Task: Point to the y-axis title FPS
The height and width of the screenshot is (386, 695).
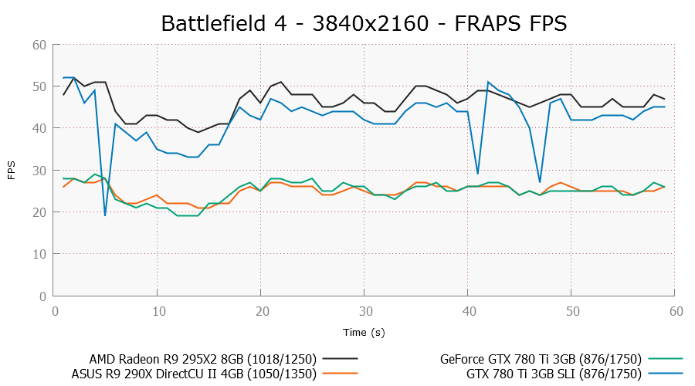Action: [12, 171]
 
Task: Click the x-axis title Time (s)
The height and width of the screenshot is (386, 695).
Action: [364, 331]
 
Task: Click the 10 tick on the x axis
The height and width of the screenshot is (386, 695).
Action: [158, 310]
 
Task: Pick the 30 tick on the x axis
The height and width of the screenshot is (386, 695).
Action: [364, 310]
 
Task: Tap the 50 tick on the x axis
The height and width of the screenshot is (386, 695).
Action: [571, 310]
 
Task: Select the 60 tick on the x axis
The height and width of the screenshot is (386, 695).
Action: [675, 310]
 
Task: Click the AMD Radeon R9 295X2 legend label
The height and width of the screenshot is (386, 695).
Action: [203, 359]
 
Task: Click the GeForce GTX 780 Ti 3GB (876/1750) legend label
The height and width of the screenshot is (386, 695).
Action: [541, 359]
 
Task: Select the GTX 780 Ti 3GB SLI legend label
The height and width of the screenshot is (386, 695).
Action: [554, 374]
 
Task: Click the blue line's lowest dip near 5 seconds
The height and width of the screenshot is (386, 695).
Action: [105, 215]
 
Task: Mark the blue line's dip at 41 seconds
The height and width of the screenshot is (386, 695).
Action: [478, 174]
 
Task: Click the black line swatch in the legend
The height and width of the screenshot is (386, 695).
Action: [341, 359]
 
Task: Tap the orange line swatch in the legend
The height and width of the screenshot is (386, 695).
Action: [341, 374]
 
